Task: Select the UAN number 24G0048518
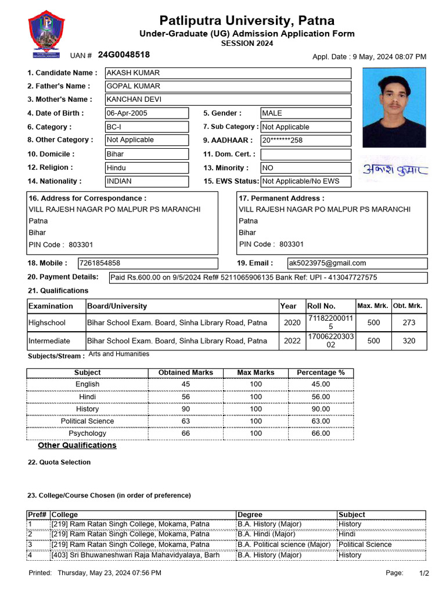pyautogui.click(x=124, y=55)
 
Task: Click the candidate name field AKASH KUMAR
pyautogui.click(x=228, y=73)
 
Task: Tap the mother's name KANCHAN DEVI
pyautogui.click(x=228, y=99)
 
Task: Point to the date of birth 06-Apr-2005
pyautogui.click(x=146, y=113)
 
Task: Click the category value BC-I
pyautogui.click(x=146, y=127)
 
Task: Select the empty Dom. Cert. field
pyautogui.click(x=305, y=155)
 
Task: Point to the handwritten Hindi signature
pyautogui.click(x=395, y=169)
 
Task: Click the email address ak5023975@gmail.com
pyautogui.click(x=357, y=263)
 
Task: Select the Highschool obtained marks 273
pyautogui.click(x=409, y=322)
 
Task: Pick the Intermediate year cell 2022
pyautogui.click(x=292, y=341)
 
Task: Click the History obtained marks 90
pyautogui.click(x=186, y=409)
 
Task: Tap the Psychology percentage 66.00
pyautogui.click(x=321, y=433)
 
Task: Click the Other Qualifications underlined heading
pyautogui.click(x=77, y=446)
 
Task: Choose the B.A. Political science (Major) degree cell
pyautogui.click(x=284, y=544)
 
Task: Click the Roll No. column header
pyautogui.click(x=321, y=306)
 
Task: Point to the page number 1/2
pyautogui.click(x=424, y=574)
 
